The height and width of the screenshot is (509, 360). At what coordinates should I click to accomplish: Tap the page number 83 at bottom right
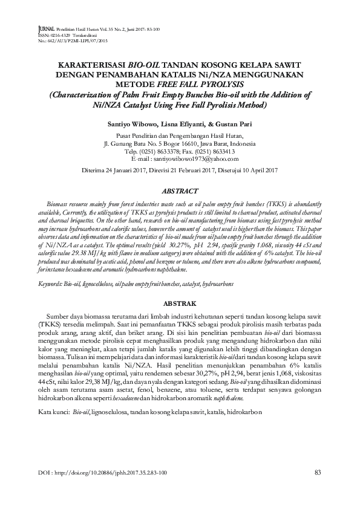tap(318, 472)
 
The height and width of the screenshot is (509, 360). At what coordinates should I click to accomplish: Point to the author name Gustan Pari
tap(232, 122)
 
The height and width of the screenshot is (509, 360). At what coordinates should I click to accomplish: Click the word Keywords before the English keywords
tap(51, 283)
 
